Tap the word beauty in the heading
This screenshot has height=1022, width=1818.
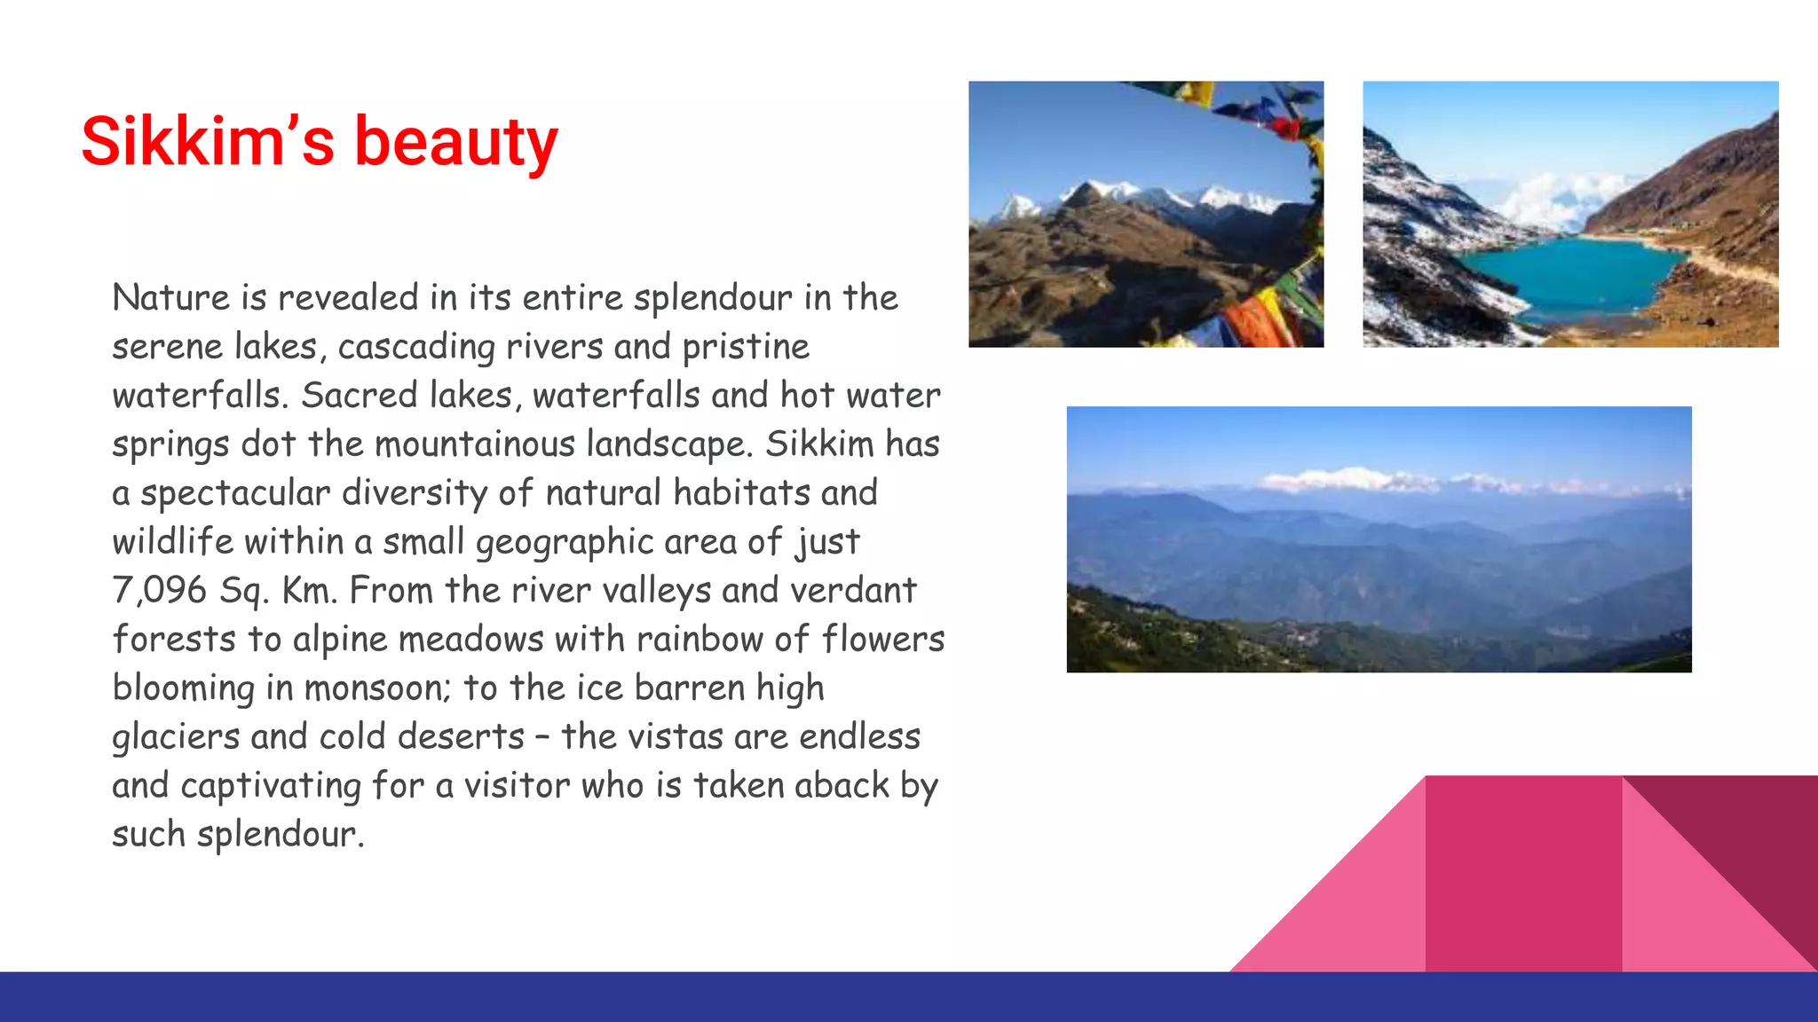pyautogui.click(x=456, y=142)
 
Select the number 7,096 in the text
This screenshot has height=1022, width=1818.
pyautogui.click(x=160, y=591)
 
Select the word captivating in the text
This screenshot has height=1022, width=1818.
pyautogui.click(x=271, y=786)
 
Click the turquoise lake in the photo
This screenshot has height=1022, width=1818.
pyautogui.click(x=1571, y=275)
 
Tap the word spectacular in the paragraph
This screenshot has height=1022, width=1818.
pyautogui.click(x=235, y=493)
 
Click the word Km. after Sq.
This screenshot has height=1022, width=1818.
pyautogui.click(x=310, y=591)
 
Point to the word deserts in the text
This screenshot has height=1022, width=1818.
pyautogui.click(x=449, y=737)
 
